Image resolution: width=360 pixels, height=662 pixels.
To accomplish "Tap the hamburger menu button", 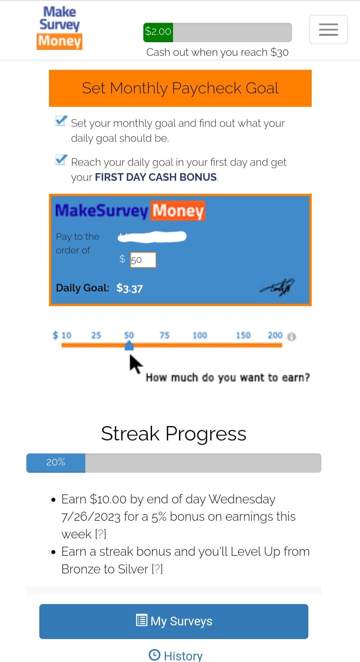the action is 328,29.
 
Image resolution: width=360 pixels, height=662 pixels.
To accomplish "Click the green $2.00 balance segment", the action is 158,32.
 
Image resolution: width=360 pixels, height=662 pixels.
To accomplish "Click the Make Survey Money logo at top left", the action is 60,28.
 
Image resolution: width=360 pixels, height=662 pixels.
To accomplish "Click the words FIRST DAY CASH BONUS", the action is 156,177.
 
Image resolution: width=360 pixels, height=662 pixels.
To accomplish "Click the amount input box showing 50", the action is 143,260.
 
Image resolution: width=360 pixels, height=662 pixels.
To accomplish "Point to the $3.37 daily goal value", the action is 130,288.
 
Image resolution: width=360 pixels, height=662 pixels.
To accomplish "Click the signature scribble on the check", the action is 277,287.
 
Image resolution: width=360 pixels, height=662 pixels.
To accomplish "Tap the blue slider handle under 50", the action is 129,346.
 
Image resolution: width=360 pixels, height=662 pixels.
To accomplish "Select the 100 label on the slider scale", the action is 200,335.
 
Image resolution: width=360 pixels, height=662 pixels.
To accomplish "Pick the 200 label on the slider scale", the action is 275,335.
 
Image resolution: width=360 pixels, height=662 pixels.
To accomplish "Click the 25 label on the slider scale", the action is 96,335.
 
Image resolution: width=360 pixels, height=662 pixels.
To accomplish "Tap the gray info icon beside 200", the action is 291,337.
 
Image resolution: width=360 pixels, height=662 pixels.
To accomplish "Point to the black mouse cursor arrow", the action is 135,364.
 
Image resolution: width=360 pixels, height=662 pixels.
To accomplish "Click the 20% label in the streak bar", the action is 56,462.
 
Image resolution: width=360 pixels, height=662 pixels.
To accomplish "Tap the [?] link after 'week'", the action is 101,534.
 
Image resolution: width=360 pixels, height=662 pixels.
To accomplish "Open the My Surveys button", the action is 174,621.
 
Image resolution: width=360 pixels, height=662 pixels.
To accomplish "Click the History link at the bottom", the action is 176,655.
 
